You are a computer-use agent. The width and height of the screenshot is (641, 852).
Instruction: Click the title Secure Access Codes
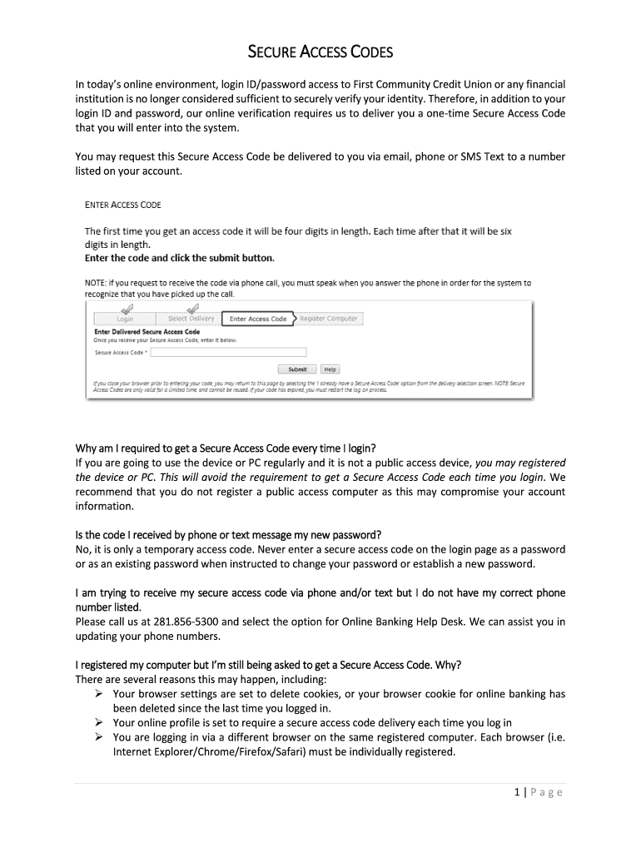coord(320,55)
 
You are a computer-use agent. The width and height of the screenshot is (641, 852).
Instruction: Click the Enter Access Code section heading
coord(123,205)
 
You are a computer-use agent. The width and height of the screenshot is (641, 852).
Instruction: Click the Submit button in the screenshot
coord(296,369)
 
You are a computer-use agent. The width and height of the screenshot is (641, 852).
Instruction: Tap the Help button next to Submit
coord(330,369)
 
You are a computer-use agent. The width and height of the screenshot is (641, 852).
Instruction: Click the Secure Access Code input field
coord(228,352)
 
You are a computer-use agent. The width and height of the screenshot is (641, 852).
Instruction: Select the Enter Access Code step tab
coord(257,319)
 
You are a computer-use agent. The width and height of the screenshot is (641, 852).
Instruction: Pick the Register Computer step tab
coord(328,319)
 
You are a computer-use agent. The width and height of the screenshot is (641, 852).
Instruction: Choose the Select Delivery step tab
coord(191,319)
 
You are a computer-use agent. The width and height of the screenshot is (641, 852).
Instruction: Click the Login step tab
coord(125,319)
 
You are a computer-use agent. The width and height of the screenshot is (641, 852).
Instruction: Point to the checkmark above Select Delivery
coord(193,308)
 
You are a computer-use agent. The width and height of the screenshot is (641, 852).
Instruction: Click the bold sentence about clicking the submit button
coord(179,258)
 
